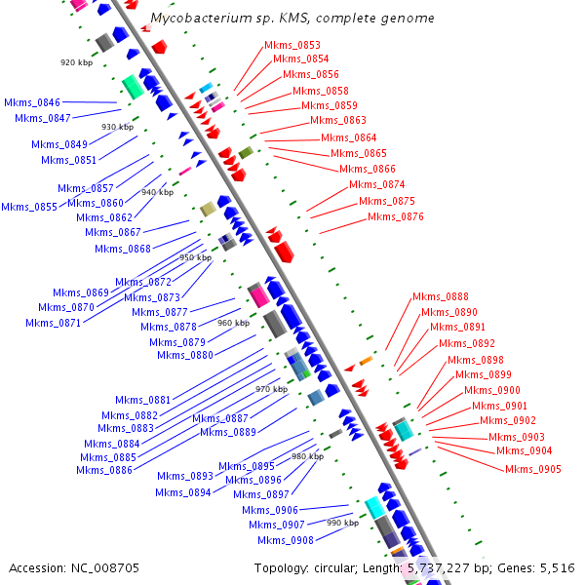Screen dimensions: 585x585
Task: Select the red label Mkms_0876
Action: tap(396, 216)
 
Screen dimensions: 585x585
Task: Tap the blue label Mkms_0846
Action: tap(32, 102)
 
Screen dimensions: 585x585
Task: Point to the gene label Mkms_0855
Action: tap(29, 207)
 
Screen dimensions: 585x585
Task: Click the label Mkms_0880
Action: tap(185, 355)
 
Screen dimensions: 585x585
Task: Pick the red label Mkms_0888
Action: tap(440, 296)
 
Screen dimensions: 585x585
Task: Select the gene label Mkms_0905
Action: tap(532, 469)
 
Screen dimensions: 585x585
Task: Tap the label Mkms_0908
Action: tap(286, 540)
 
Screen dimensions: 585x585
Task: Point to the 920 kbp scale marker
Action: tap(75, 62)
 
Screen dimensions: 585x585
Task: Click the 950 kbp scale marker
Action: tap(195, 257)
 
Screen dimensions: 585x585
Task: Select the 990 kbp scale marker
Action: tap(342, 523)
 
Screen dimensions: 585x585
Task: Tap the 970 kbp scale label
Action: tap(271, 389)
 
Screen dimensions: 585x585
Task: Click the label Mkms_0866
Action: tap(368, 169)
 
